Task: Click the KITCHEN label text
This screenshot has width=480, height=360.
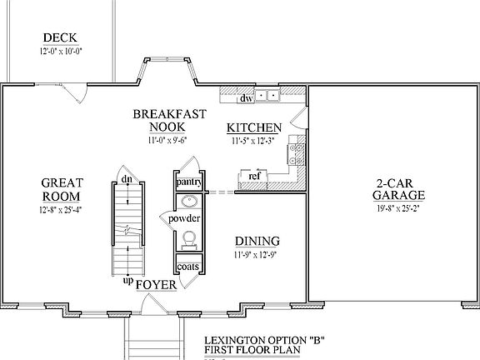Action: [x=254, y=127]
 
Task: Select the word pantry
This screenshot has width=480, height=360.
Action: [x=187, y=181]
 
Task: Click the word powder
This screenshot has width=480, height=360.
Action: [x=185, y=218]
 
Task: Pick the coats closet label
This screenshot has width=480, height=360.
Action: [x=187, y=267]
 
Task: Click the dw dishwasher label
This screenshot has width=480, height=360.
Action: [x=246, y=99]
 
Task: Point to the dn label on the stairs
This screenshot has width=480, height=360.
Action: [x=125, y=179]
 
